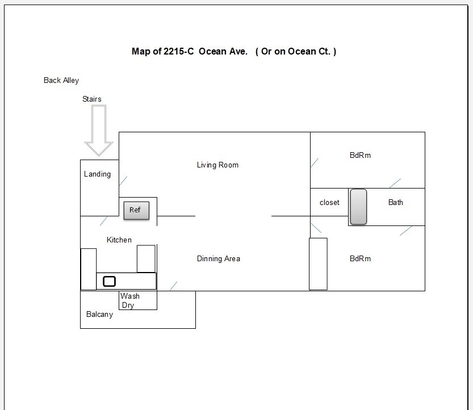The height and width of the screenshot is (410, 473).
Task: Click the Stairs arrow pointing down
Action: [99, 131]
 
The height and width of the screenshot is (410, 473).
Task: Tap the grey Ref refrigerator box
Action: [136, 210]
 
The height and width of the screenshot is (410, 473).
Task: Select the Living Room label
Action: [217, 165]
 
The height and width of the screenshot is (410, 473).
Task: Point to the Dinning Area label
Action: [219, 258]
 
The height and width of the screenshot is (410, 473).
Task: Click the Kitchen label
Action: [119, 240]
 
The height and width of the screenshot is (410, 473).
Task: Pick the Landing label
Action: [97, 174]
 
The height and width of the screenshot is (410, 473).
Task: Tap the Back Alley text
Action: [61, 80]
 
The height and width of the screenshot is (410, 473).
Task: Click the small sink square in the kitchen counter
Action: [109, 282]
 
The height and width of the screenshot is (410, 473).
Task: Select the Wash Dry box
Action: [138, 300]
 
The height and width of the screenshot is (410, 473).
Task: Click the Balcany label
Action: [99, 315]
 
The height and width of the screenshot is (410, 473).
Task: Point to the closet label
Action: [329, 202]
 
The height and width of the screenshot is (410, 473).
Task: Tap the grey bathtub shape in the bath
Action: [358, 207]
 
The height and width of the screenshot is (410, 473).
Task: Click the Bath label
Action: [395, 202]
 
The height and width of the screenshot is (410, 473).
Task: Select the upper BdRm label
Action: [360, 155]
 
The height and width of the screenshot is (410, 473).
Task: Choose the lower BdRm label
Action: [360, 258]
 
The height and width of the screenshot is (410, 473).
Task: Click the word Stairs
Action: [92, 99]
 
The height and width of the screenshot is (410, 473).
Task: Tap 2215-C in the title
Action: [178, 51]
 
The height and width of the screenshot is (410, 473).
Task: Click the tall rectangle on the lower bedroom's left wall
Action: [318, 264]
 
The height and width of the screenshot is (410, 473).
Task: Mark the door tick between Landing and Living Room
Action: [123, 181]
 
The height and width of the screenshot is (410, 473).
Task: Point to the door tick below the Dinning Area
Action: [173, 286]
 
